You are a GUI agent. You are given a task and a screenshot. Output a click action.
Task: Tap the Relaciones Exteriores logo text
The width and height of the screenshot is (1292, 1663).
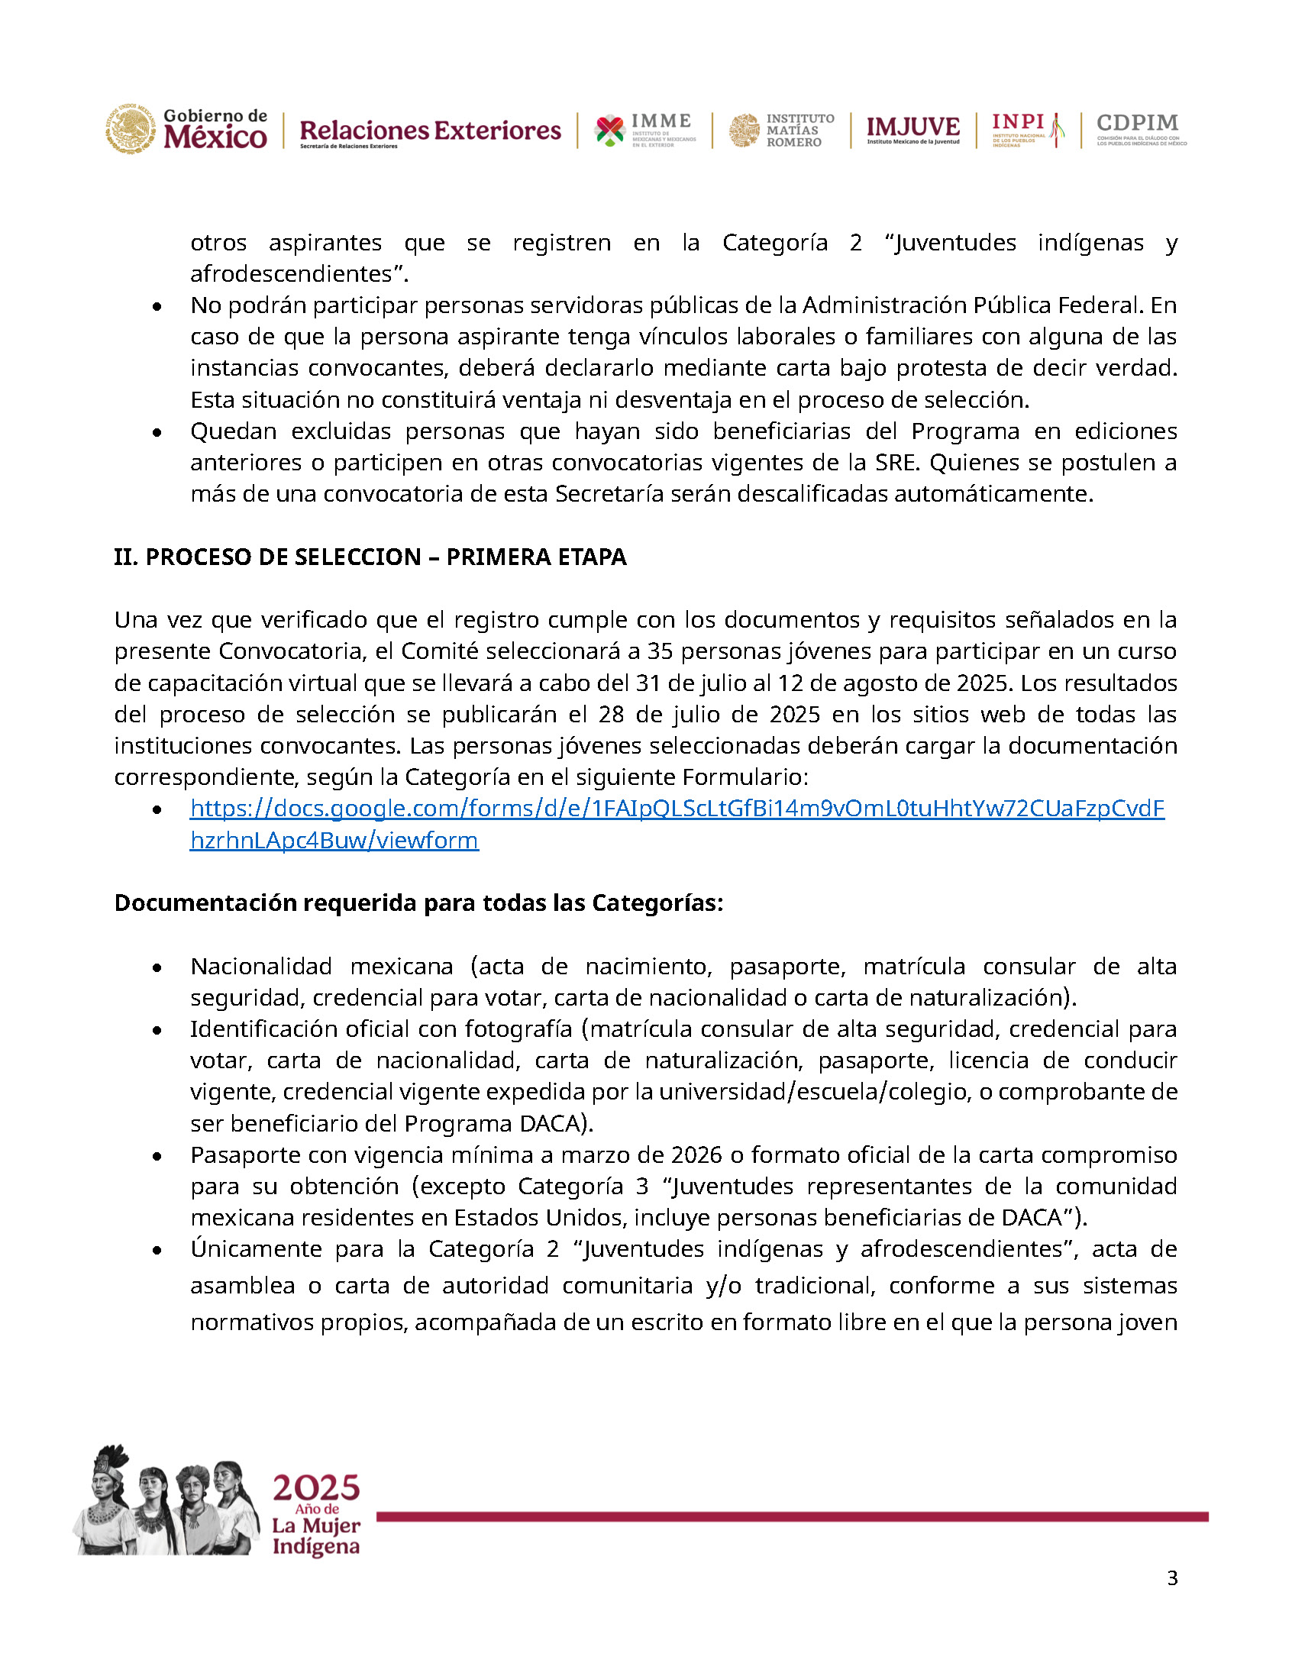click(430, 131)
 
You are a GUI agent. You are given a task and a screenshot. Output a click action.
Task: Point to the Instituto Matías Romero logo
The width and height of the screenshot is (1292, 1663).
click(781, 131)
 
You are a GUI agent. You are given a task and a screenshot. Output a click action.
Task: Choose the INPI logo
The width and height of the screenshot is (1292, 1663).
click(1027, 129)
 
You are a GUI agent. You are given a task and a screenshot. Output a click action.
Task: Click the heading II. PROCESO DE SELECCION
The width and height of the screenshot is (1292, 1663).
click(370, 557)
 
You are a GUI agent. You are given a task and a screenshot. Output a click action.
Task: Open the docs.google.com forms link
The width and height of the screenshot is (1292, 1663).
click(677, 809)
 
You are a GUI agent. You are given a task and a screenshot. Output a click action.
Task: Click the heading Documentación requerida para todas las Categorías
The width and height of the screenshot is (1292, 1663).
click(418, 903)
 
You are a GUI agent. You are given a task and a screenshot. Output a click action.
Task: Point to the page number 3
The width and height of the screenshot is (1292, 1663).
click(1172, 1578)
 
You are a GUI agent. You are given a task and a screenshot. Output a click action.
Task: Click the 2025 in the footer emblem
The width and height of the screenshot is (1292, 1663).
click(316, 1488)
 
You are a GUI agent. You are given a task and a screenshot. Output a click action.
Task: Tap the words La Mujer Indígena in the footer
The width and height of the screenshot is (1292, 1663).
click(316, 1536)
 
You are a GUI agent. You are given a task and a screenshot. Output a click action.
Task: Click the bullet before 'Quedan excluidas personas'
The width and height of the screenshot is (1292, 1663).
click(157, 433)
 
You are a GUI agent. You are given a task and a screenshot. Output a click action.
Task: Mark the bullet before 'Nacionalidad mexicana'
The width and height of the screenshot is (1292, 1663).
click(157, 968)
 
